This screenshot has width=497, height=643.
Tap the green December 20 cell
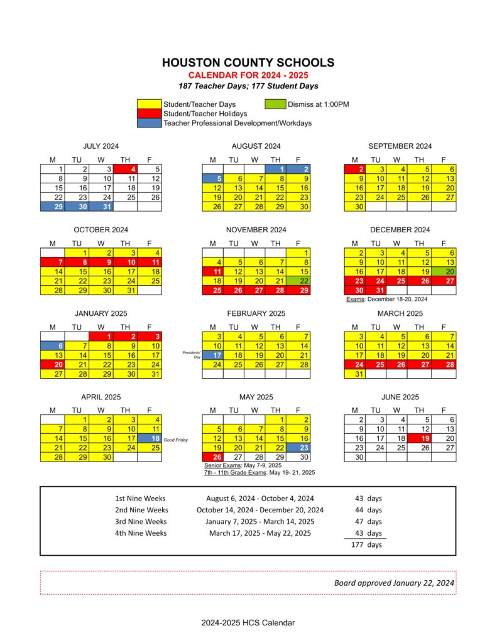tap(444, 271)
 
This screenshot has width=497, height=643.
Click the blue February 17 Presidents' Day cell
tap(214, 355)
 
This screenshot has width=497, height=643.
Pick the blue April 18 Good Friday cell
tap(150, 438)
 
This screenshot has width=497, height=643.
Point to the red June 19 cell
tap(420, 438)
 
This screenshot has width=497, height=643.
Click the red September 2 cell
tap(356, 169)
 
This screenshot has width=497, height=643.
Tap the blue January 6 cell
tap(52, 345)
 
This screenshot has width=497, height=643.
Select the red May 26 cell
tap(214, 457)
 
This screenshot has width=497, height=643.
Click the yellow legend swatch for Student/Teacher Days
tap(150, 104)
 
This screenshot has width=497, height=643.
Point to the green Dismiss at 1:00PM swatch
tap(275, 104)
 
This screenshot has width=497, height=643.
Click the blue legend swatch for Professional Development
tap(150, 123)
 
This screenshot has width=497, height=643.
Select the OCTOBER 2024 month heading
tap(101, 230)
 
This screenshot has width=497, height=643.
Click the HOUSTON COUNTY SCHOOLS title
tap(248, 63)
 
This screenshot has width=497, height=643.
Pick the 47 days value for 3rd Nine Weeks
tap(368, 522)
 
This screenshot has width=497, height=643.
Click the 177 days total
tap(368, 545)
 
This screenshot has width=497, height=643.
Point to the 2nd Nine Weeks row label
tap(141, 510)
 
